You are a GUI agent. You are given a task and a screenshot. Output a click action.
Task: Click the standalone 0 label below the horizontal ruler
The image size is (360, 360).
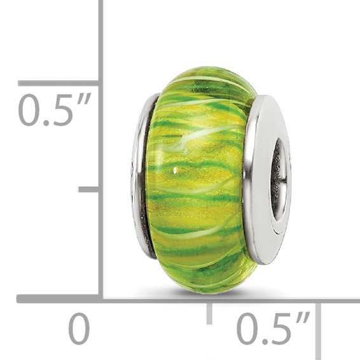(80, 329)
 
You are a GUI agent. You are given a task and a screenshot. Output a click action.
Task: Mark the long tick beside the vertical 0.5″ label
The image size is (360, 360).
(57, 83)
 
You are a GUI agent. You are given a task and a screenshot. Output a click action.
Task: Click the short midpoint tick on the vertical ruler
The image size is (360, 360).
(88, 189)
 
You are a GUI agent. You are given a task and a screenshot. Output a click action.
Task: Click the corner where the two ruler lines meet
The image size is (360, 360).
(100, 298)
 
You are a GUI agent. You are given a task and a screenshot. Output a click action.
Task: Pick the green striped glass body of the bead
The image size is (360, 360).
(197, 191)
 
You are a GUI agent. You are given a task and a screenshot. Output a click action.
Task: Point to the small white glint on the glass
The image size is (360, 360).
(174, 170)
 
